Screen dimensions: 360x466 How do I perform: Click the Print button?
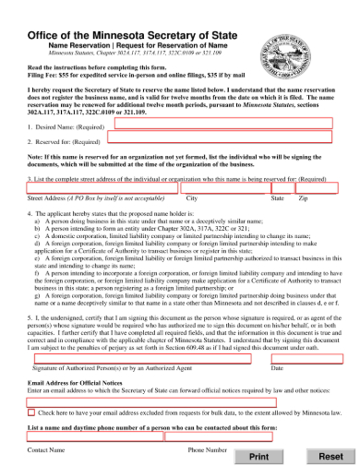259,456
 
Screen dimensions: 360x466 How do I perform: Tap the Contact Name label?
46,449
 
